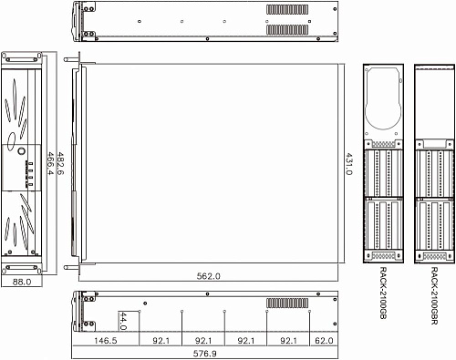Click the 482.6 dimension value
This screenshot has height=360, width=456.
point(60,162)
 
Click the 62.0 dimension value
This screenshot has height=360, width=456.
point(324,314)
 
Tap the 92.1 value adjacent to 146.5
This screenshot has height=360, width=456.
point(161,314)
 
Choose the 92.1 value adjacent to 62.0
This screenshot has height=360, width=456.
point(287,314)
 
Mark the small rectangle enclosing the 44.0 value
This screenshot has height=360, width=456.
point(123,295)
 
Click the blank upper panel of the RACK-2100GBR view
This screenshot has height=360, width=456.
point(433,100)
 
